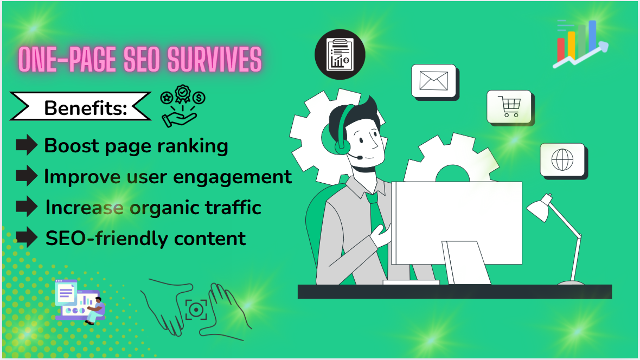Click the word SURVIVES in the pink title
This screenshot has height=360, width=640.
click(x=214, y=60)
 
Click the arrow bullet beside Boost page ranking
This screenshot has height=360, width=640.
click(x=27, y=145)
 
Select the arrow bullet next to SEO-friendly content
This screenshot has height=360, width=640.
click(x=27, y=237)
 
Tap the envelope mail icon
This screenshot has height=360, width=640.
click(x=434, y=81)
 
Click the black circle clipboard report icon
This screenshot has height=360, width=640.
click(x=340, y=54)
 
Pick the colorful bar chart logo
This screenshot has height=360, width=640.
click(x=580, y=44)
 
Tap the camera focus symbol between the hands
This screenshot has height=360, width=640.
click(x=196, y=310)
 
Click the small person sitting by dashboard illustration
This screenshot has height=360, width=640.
click(x=95, y=311)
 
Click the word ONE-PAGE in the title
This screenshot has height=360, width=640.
click(x=67, y=60)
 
